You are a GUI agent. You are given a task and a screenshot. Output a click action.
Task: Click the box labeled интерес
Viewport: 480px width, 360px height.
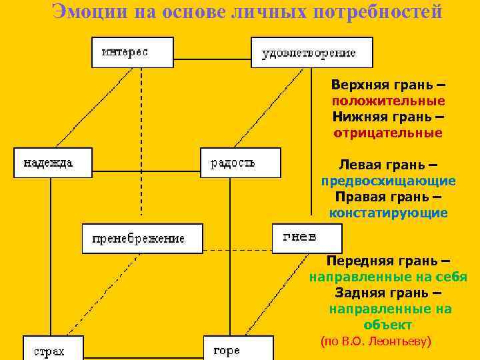click(132, 52)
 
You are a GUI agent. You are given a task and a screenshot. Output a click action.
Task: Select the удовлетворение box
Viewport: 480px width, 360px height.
click(311, 53)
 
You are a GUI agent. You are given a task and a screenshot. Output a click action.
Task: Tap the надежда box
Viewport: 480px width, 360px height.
click(53, 163)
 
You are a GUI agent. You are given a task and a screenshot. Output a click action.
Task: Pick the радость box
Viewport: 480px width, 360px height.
click(240, 163)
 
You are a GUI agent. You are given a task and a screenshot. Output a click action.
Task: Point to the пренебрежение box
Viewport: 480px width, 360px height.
click(142, 238)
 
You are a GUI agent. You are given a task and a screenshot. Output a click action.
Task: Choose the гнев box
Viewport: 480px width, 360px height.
click(307, 238)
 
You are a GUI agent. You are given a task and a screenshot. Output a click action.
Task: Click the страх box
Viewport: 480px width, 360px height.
click(53, 349)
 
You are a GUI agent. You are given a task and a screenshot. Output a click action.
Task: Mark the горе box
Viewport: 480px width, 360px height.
click(238, 349)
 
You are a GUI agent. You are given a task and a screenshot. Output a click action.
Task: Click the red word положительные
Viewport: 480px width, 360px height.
click(389, 101)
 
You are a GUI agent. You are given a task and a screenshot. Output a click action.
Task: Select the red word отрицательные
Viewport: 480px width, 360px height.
click(388, 133)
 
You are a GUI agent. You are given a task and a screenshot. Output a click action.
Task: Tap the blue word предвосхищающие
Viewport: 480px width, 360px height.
click(389, 181)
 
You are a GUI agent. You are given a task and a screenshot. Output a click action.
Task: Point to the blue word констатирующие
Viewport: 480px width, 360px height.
click(389, 213)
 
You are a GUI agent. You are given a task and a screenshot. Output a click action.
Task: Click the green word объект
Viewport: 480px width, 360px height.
click(388, 325)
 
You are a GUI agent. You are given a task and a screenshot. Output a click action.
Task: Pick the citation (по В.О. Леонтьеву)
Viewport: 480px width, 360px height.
click(377, 341)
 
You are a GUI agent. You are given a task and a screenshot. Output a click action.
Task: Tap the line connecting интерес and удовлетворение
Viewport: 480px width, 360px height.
click(212, 48)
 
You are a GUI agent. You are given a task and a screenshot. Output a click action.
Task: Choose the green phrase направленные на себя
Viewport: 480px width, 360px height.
click(388, 277)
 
